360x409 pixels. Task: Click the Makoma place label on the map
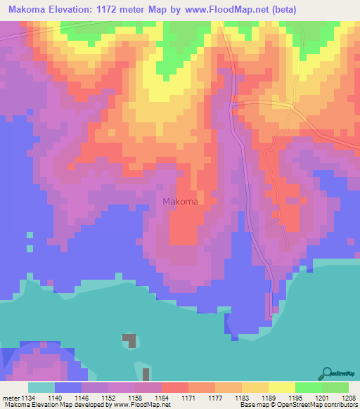pyautogui.click(x=180, y=202)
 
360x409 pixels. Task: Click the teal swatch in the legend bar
pyautogui.click(x=41, y=387)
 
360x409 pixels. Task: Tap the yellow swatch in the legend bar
pyautogui.click(x=281, y=387)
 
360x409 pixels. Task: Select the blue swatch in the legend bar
pyautogui.click(x=68, y=387)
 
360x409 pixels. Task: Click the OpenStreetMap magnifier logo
pyautogui.click(x=326, y=373)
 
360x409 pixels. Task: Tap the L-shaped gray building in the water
pyautogui.click(x=129, y=340)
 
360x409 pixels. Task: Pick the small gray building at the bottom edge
pyautogui.click(x=146, y=374)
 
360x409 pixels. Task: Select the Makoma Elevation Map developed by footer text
pyautogui.click(x=56, y=405)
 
